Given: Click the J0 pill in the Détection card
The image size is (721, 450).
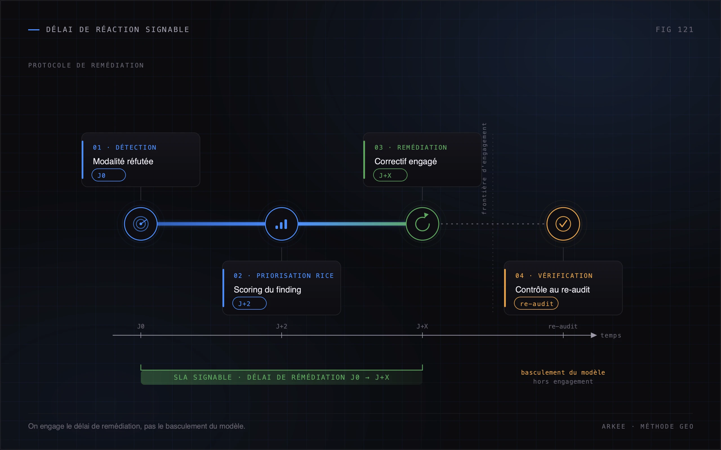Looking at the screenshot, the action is point(108,175).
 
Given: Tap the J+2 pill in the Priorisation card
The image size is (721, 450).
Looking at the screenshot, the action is point(249,303).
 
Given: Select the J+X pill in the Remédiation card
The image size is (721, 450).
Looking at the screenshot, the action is point(390,175).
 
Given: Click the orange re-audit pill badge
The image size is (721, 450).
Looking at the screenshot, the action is point(536,303).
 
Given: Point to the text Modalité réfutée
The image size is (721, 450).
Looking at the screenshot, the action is point(123,161).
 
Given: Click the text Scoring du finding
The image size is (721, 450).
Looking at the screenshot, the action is point(267,290).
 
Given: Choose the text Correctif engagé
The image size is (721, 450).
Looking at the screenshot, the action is point(406,161).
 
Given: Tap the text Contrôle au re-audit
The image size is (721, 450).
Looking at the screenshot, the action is point(552,290).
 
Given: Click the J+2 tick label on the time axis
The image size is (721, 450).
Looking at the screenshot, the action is point(282,326).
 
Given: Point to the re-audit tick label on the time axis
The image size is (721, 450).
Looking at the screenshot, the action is point(563,326).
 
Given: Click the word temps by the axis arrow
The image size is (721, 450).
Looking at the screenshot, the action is point(611,336).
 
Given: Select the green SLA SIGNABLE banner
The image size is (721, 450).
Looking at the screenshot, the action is point(282,377).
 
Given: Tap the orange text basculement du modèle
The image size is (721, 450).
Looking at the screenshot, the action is point(563,372).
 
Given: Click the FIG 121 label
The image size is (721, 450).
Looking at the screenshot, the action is point(675,30).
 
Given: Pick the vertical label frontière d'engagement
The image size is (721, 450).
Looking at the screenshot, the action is point(484,168).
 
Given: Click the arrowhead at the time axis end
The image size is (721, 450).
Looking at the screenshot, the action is point(594,336).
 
